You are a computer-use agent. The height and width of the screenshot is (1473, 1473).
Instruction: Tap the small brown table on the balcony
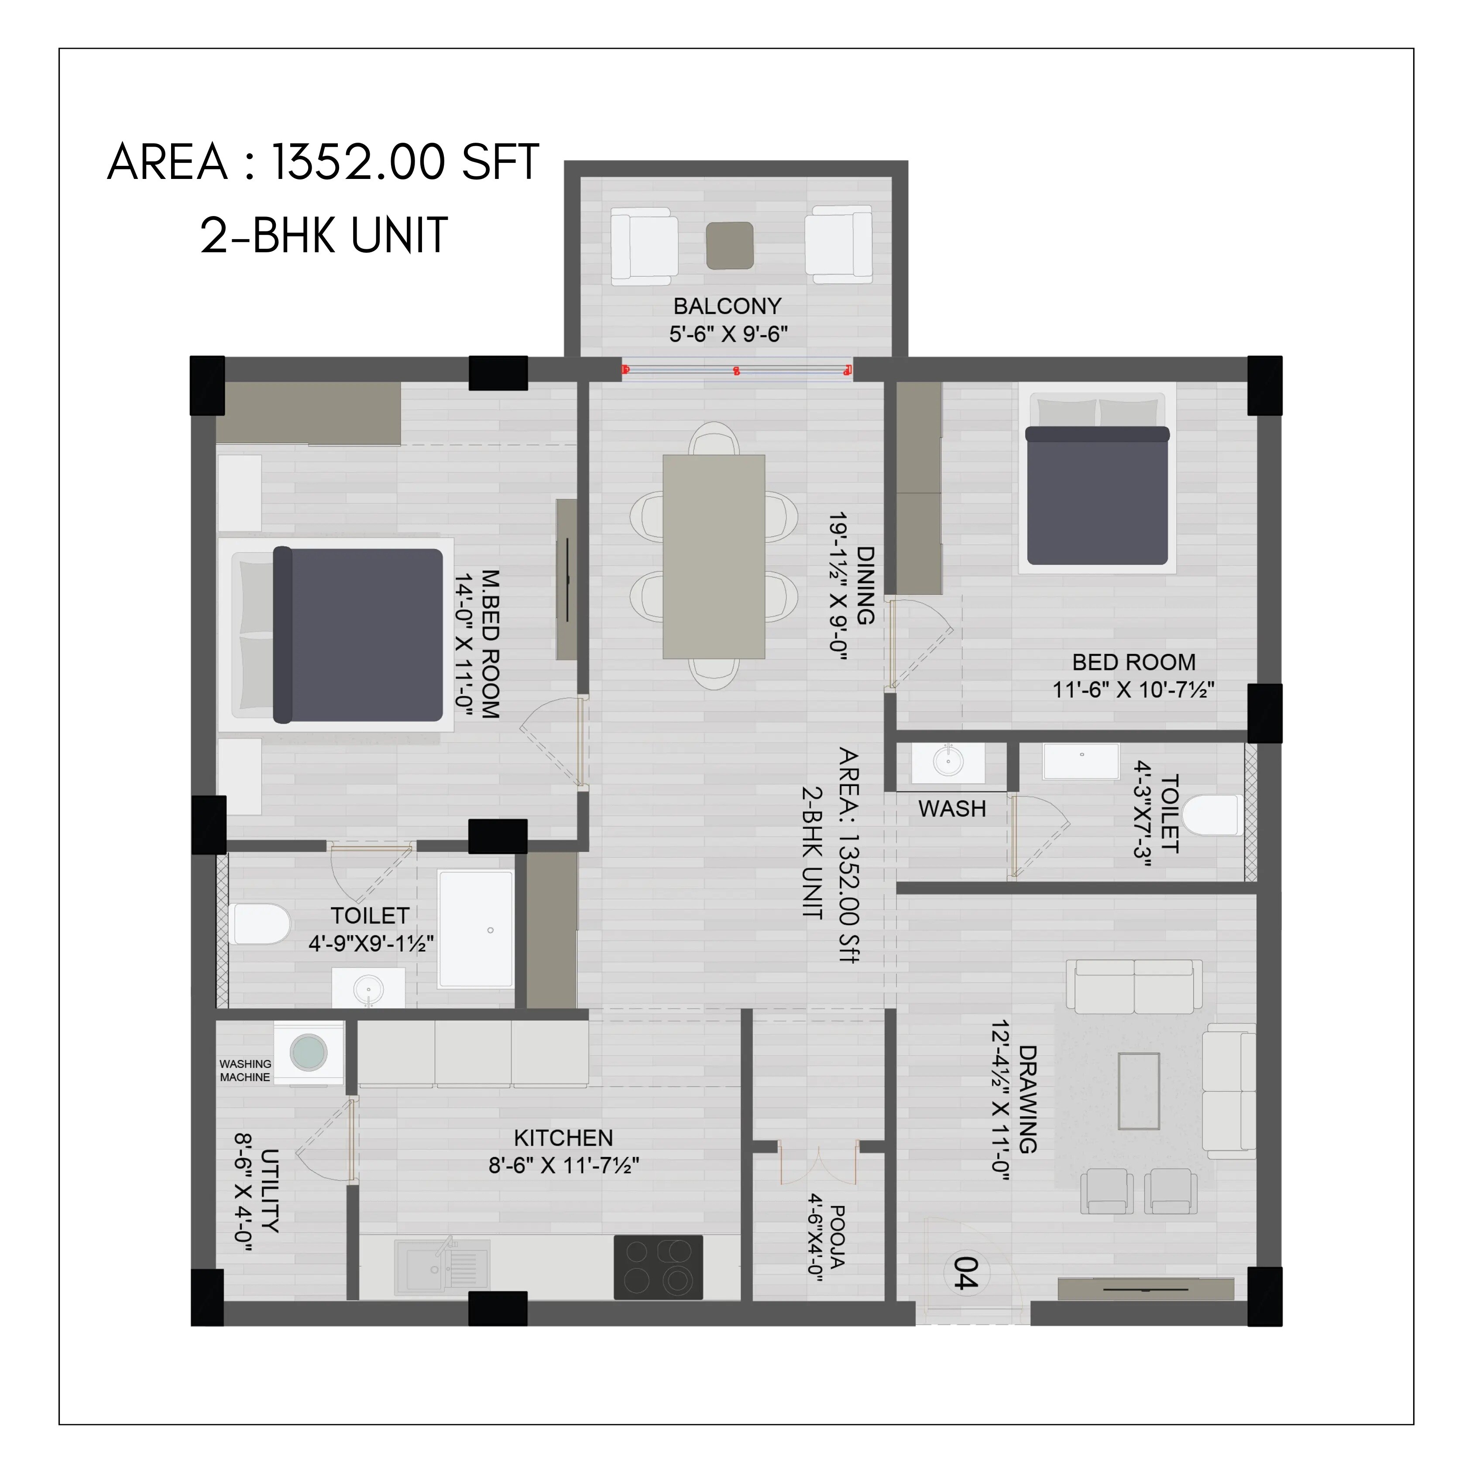pyautogui.click(x=730, y=245)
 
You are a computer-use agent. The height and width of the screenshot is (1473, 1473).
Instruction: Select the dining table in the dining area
pyautogui.click(x=714, y=556)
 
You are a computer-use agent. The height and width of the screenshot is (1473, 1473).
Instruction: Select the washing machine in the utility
pyautogui.click(x=308, y=1052)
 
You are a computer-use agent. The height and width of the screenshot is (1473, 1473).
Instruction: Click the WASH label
pyautogui.click(x=951, y=809)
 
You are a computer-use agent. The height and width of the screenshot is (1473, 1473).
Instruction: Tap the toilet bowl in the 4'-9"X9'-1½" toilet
pyautogui.click(x=259, y=924)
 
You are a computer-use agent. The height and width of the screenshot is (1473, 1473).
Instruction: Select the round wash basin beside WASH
pyautogui.click(x=948, y=761)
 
